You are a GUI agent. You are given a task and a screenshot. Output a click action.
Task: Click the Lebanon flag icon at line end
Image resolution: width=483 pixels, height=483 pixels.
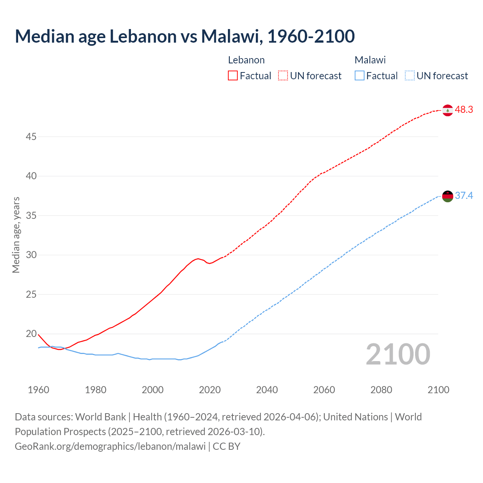(x=448, y=110)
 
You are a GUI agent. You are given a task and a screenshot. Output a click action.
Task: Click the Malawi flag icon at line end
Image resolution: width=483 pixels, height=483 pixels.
(x=448, y=196)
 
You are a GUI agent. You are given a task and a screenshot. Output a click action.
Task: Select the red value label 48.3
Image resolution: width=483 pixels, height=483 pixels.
(x=464, y=110)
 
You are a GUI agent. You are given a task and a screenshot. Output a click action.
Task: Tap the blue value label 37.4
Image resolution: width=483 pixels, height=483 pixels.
(x=464, y=196)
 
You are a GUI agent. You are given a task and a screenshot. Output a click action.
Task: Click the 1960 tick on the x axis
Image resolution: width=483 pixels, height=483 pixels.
(x=38, y=390)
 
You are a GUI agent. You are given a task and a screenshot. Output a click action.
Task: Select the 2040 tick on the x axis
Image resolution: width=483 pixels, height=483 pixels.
(x=267, y=390)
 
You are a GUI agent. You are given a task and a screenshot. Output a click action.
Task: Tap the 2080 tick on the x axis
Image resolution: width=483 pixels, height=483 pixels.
(x=381, y=390)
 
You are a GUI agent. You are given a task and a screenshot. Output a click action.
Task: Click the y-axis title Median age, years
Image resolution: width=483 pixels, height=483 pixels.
(x=16, y=235)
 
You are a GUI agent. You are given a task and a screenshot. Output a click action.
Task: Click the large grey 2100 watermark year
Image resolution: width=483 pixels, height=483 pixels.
(x=398, y=354)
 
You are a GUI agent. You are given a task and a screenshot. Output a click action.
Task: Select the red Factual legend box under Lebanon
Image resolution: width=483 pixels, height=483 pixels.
(x=233, y=76)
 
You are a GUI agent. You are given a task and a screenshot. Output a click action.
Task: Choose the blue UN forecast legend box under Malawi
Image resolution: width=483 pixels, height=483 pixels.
(x=410, y=76)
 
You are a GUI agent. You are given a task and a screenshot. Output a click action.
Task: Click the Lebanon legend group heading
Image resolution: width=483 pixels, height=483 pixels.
(x=246, y=60)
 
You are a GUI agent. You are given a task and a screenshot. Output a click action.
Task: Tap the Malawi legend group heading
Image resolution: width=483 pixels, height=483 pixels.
(x=370, y=60)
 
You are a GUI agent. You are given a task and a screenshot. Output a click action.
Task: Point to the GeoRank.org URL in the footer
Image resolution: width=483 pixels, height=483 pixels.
(x=110, y=446)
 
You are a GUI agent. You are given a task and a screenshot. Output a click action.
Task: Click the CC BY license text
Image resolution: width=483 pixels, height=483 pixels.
(x=226, y=446)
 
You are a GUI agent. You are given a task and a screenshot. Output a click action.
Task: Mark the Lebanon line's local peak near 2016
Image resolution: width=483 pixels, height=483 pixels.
(x=198, y=258)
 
